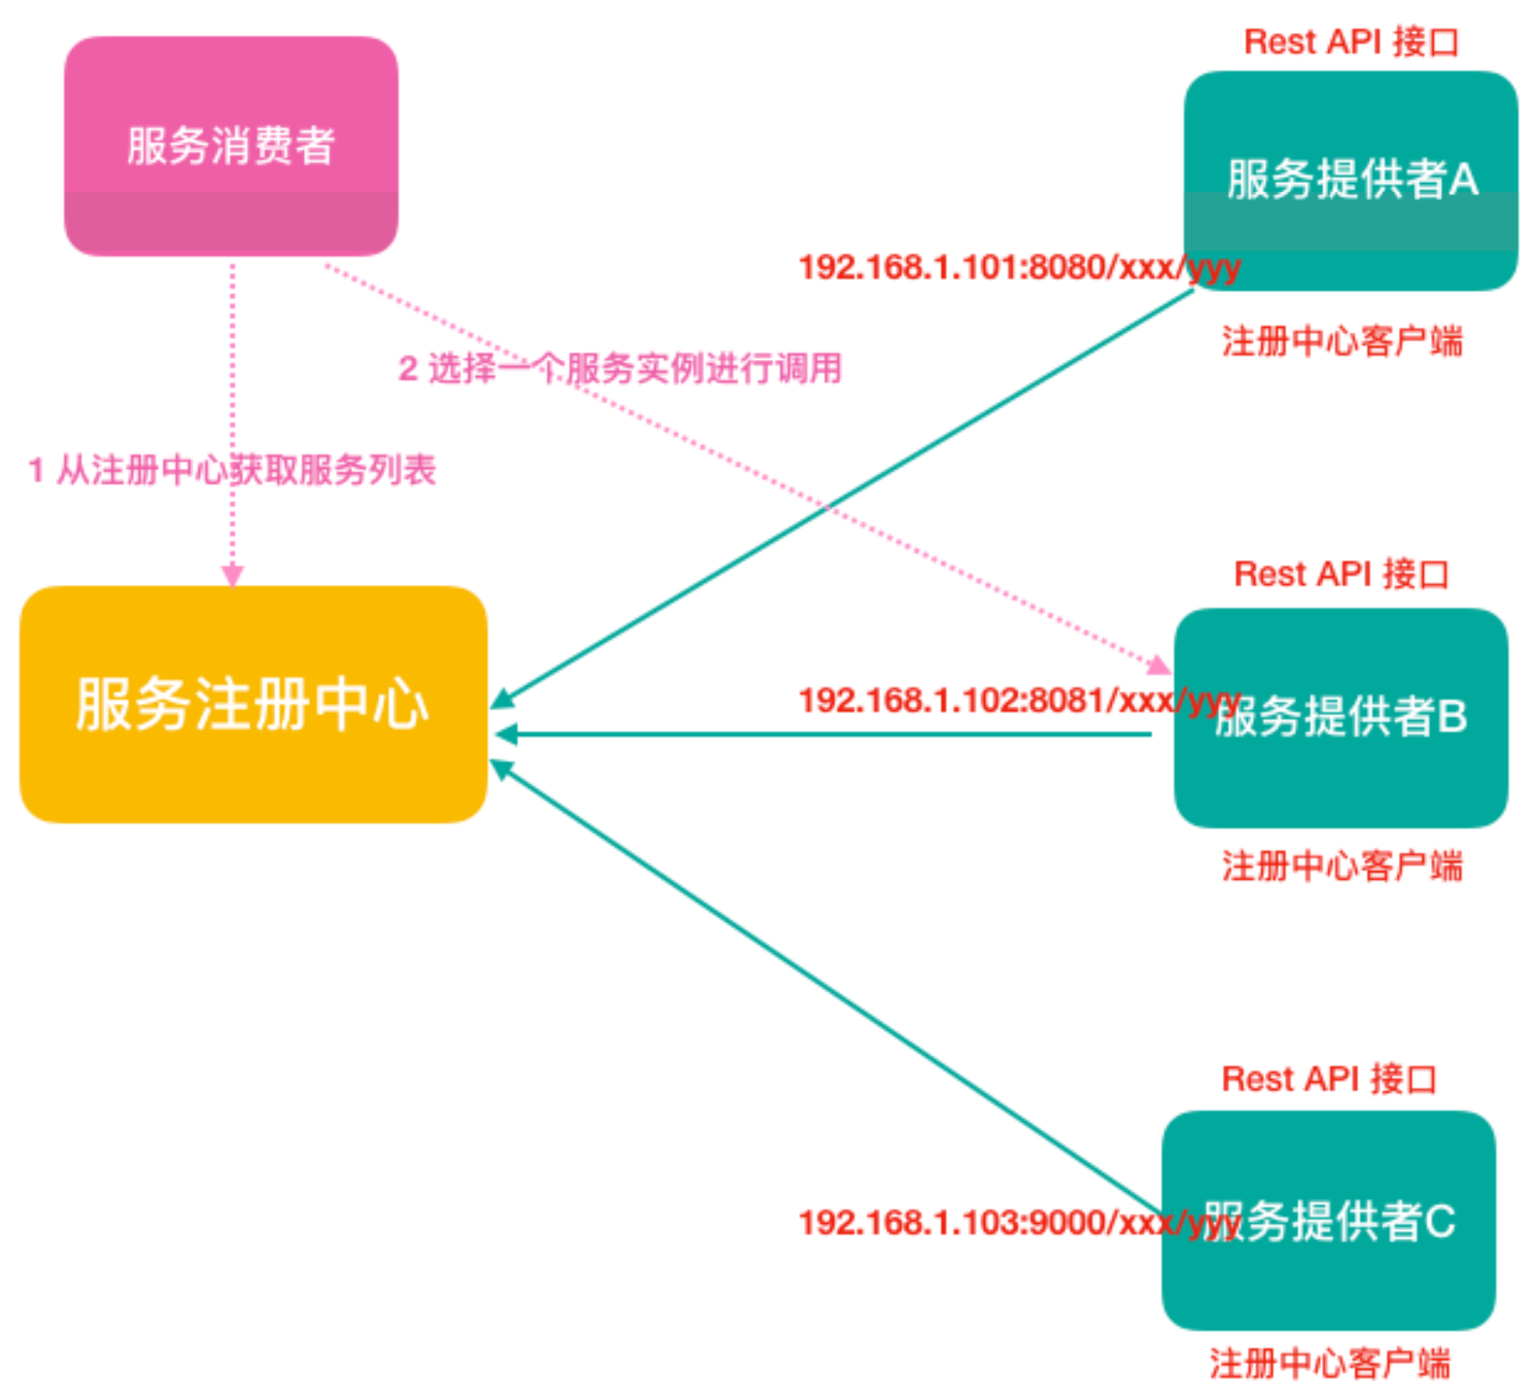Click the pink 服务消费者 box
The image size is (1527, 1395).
click(x=231, y=146)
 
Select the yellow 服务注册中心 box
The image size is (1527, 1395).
click(x=253, y=704)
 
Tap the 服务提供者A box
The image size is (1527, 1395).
click(x=1351, y=179)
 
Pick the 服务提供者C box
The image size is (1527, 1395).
click(x=1329, y=1221)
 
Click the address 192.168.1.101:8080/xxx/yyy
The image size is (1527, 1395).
click(x=1018, y=267)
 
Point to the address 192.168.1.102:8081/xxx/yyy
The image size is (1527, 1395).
click(x=1018, y=701)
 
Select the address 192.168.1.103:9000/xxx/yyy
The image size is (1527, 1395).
click(x=1018, y=1223)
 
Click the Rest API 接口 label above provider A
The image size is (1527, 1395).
click(x=1351, y=42)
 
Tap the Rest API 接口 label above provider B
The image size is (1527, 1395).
click(x=1341, y=575)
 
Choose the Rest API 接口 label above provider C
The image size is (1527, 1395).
click(x=1329, y=1079)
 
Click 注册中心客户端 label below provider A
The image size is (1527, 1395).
click(x=1342, y=341)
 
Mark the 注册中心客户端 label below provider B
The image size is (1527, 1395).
click(x=1342, y=866)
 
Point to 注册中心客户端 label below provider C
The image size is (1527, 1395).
click(x=1329, y=1364)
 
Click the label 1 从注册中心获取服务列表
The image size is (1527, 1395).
click(x=233, y=470)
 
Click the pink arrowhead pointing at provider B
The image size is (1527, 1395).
click(x=1161, y=665)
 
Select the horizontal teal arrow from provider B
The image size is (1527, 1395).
click(x=824, y=734)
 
